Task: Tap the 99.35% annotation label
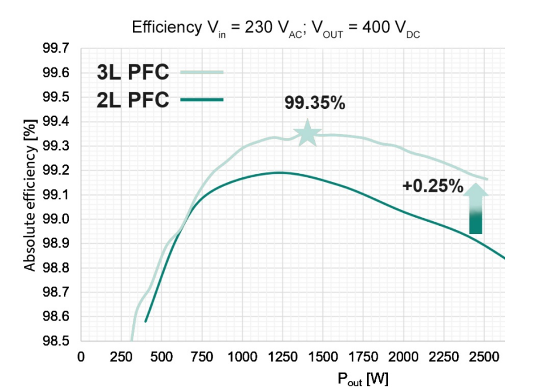coord(315,103)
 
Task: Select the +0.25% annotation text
coord(432,187)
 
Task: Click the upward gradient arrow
coord(476,209)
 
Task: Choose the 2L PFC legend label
coord(133,100)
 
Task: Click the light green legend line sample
coord(202,73)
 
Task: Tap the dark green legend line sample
coord(202,100)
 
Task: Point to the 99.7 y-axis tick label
coord(55,48)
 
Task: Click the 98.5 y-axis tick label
coord(55,341)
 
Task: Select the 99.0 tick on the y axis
coord(55,219)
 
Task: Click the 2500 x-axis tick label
coord(484,357)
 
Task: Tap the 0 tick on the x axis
coord(81,357)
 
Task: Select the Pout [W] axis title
coord(363,378)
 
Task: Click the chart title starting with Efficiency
coord(276,27)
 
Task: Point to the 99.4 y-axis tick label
coord(55,121)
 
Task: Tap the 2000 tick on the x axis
coord(403,357)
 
